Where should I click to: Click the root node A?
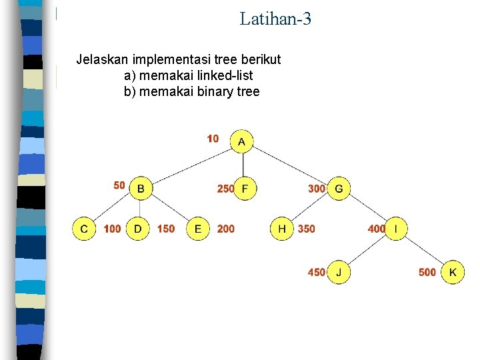point(242,141)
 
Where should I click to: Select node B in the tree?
point(140,189)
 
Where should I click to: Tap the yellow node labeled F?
point(245,189)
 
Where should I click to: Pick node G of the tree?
point(339,189)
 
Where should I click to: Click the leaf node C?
point(84,229)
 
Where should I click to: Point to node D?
point(138,229)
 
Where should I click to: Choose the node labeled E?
point(197,229)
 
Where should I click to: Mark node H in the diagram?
point(282,229)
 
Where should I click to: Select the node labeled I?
point(397,229)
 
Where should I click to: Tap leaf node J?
point(339,272)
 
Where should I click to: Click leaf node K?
point(453,272)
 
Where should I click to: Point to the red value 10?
point(213,139)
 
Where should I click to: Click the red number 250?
point(225,189)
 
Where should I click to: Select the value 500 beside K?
point(427,272)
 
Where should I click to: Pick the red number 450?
point(316,272)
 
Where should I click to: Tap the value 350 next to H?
point(306,229)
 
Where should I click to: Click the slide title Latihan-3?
point(275,19)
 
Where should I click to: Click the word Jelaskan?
point(101,59)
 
